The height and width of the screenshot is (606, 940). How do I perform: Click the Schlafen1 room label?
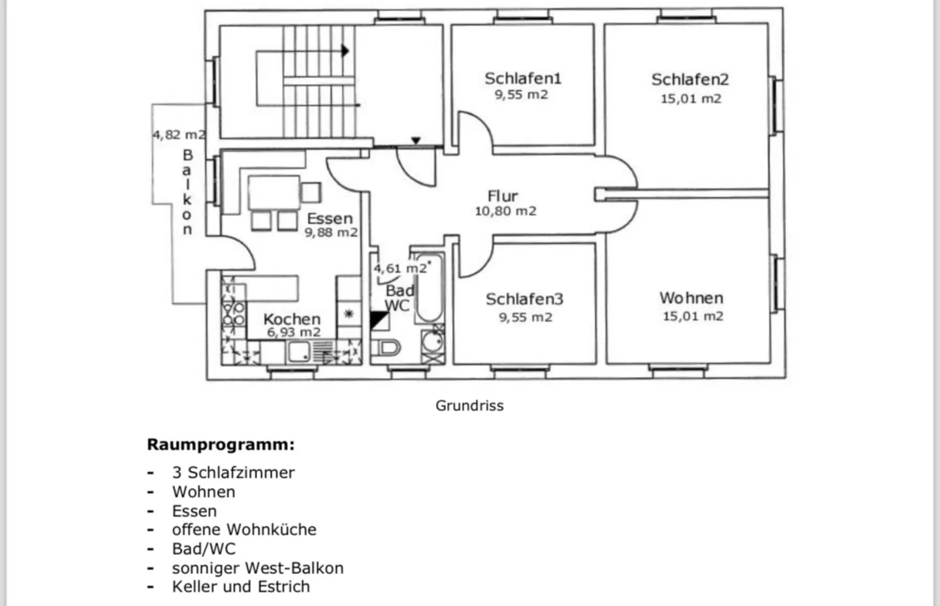[x=522, y=78]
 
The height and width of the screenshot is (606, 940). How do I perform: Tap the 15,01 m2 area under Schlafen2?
[x=691, y=98]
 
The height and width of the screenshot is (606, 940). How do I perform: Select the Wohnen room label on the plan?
[x=691, y=298]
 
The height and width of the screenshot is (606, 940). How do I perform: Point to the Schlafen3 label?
[x=524, y=299]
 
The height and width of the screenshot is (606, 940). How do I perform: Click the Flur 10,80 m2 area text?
[x=505, y=211]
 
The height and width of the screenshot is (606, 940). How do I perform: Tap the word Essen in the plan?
[x=330, y=219]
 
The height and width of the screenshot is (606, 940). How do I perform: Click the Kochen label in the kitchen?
[x=292, y=319]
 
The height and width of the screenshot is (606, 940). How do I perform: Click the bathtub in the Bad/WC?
[x=429, y=287]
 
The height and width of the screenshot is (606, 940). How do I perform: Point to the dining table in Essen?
[x=274, y=192]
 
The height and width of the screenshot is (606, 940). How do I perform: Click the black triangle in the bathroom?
[x=379, y=320]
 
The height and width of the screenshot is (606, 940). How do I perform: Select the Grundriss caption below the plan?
[x=469, y=406]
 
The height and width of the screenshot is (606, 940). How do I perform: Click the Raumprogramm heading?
[x=221, y=445]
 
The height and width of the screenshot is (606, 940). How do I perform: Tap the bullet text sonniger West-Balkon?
[x=257, y=568]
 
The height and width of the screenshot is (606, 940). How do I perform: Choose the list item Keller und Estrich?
[x=241, y=587]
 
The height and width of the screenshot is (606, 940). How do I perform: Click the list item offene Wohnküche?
[x=244, y=530]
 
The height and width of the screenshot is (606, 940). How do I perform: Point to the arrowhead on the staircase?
[x=345, y=51]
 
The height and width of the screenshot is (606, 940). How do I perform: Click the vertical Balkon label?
[x=187, y=192]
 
